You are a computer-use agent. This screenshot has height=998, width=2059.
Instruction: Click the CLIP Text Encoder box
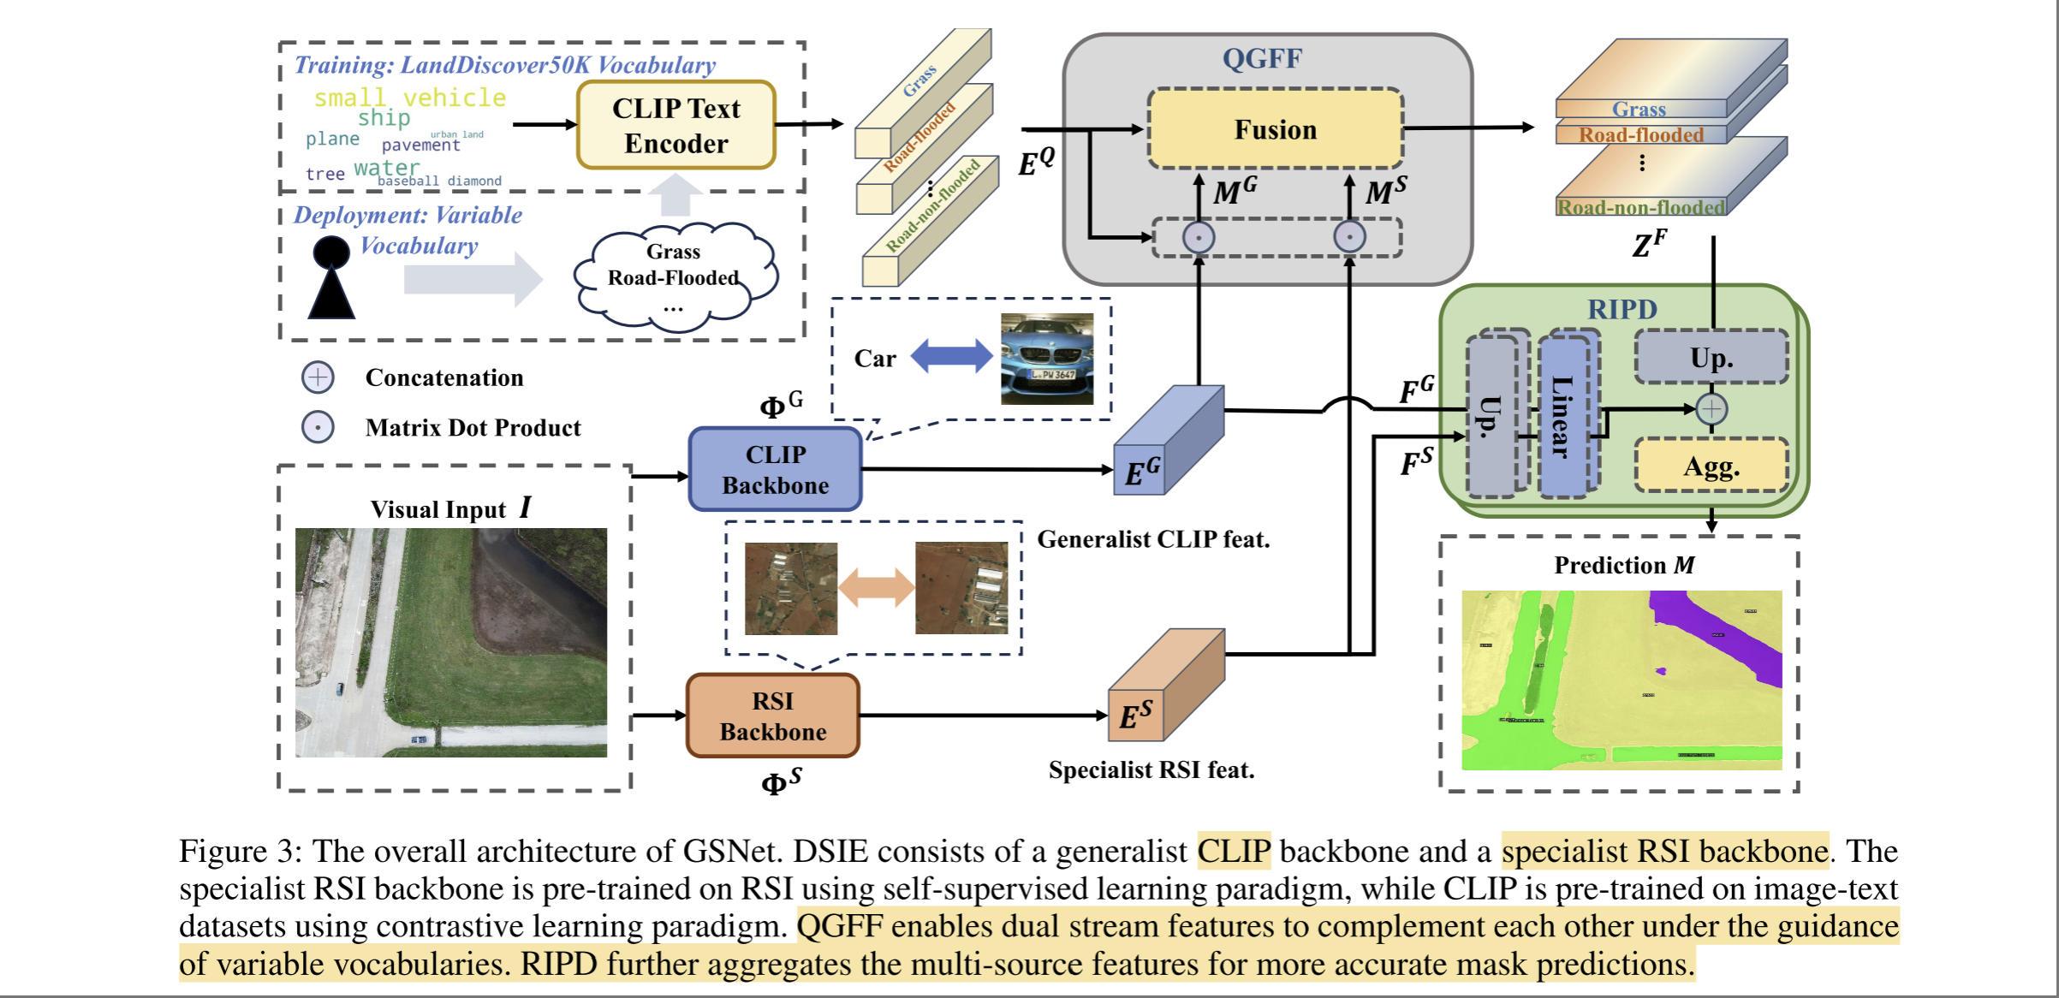point(675,125)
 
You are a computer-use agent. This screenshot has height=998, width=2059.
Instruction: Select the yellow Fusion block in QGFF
point(1275,129)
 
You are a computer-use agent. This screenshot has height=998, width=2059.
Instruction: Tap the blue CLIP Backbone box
point(775,469)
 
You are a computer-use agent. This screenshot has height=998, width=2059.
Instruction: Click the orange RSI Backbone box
point(772,716)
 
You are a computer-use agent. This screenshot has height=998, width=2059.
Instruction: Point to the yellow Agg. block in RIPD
point(1711,466)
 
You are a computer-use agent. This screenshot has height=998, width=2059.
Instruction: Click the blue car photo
point(1047,359)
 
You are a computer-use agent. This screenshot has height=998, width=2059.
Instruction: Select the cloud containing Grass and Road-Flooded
point(674,276)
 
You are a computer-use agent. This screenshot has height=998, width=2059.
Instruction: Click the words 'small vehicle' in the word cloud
point(410,98)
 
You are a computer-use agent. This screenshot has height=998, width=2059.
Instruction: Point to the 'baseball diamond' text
point(439,181)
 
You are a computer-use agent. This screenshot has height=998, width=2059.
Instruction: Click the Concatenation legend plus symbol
point(318,377)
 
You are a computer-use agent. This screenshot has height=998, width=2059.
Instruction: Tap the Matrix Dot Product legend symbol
point(318,427)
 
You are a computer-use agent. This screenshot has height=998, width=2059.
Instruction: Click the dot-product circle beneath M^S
point(1350,237)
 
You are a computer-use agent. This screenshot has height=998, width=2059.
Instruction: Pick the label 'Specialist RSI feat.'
point(1151,769)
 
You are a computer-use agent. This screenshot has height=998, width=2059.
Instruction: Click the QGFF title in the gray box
point(1262,58)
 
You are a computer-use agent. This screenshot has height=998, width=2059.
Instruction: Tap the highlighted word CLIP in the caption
point(1234,852)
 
